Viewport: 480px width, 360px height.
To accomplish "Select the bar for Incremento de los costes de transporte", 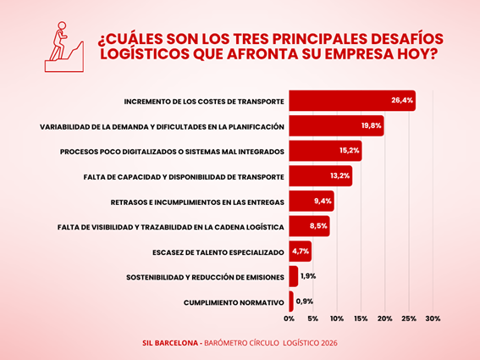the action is click(352, 101).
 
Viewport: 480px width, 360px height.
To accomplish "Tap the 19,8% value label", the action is click(371, 125).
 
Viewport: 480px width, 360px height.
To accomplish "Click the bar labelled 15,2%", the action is click(325, 151).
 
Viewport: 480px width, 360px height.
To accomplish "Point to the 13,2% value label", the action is click(339, 175).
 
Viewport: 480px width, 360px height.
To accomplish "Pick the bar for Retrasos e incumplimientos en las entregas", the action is click(312, 201).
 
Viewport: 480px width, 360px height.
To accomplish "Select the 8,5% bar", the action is click(309, 226).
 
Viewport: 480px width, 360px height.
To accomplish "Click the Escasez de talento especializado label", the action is click(218, 252).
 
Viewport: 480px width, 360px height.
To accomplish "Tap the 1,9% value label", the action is click(308, 276).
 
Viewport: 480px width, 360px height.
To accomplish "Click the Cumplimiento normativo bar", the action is click(291, 302).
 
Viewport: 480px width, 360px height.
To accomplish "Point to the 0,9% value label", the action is click(304, 302).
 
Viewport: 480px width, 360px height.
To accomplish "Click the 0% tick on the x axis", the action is click(289, 318).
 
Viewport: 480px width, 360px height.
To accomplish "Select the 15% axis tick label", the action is click(361, 318).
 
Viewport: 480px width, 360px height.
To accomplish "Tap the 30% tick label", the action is click(433, 318).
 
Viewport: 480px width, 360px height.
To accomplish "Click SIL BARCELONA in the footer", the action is click(170, 343).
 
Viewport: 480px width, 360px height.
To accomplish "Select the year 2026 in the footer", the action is click(328, 343).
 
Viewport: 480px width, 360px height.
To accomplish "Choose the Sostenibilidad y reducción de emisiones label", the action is click(205, 278).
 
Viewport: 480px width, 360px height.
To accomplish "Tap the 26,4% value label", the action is click(402, 100).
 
